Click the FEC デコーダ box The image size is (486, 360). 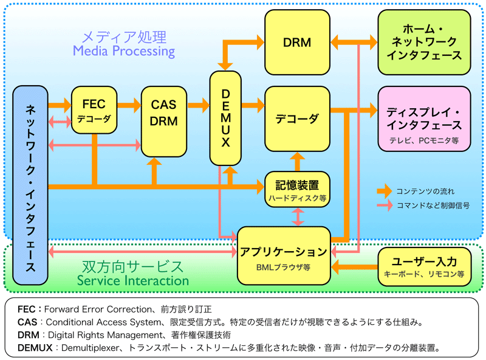[x=94, y=110]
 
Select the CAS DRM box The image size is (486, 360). [x=164, y=122]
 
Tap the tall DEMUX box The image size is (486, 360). [x=225, y=118]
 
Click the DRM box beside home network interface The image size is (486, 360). [x=297, y=42]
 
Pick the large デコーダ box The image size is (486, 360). [x=297, y=119]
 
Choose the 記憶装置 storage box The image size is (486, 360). [x=297, y=189]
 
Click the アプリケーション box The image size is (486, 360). [x=284, y=256]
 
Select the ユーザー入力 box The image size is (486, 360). [x=424, y=266]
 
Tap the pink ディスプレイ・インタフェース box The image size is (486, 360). [x=424, y=119]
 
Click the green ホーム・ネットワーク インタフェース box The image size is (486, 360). [x=424, y=42]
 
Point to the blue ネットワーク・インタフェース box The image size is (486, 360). [x=30, y=185]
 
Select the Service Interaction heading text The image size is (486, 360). [x=133, y=280]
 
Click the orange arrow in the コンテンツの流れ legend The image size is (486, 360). [x=385, y=191]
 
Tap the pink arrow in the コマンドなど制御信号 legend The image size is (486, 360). [x=385, y=205]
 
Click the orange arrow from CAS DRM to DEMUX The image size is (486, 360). [x=199, y=105]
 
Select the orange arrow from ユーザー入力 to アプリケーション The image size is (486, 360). [x=354, y=266]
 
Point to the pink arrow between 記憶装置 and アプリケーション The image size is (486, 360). [x=298, y=217]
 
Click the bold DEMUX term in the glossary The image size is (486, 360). [x=35, y=348]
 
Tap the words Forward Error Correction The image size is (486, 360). [x=98, y=309]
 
